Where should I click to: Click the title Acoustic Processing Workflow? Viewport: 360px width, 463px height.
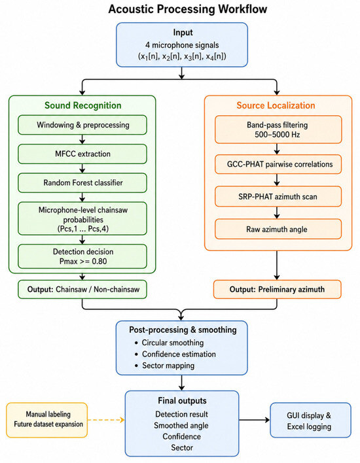click(188, 9)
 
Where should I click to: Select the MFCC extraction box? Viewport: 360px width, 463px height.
click(82, 154)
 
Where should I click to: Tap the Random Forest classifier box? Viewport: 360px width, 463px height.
click(82, 182)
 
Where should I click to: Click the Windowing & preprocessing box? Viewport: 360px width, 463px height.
click(82, 125)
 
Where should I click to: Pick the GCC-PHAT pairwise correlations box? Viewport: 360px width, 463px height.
click(278, 164)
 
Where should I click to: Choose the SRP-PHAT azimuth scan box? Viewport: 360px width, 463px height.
click(278, 196)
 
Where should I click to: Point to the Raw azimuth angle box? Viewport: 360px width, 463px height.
click(278, 229)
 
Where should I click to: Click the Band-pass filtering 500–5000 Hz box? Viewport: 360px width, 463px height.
click(278, 129)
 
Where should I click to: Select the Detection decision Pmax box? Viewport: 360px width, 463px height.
click(82, 256)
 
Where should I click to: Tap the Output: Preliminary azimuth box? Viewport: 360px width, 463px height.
click(278, 289)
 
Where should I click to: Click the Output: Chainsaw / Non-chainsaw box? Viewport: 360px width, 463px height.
click(82, 289)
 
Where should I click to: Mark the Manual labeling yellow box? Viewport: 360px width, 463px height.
click(47, 420)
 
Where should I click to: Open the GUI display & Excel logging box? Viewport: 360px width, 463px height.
click(311, 420)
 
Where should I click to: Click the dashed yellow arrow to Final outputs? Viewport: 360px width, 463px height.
click(106, 420)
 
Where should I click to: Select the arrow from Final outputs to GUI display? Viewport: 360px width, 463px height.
click(255, 420)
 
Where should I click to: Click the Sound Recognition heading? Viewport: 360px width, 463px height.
click(83, 105)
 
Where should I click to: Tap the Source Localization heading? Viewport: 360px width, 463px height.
click(276, 105)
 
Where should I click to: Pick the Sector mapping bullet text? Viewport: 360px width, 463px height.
click(168, 366)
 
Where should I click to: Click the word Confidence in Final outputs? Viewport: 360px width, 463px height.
click(181, 436)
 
